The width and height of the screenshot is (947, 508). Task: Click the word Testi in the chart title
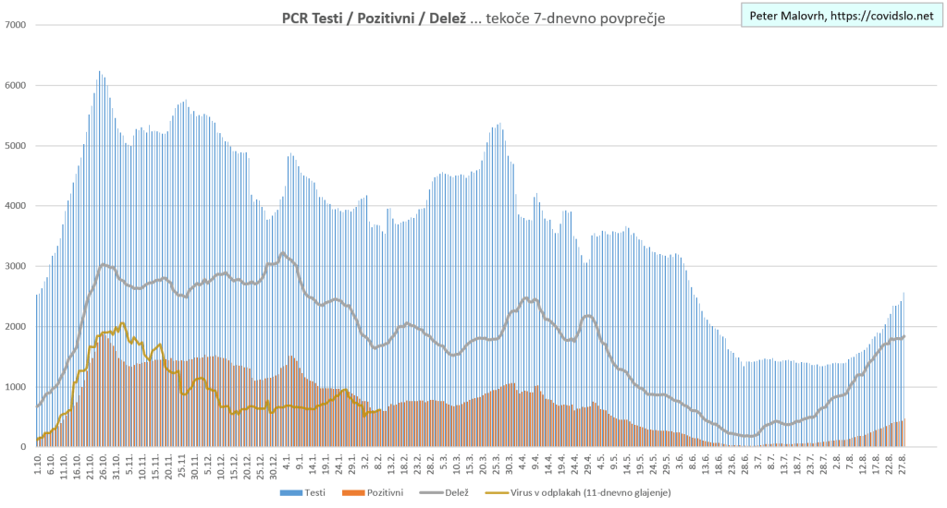click(327, 18)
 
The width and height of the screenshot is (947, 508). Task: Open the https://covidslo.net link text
click(889, 15)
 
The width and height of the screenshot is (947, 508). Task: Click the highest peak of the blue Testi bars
click(99, 72)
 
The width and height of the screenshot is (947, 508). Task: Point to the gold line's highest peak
click(122, 323)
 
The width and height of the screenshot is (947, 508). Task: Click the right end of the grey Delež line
click(904, 336)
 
